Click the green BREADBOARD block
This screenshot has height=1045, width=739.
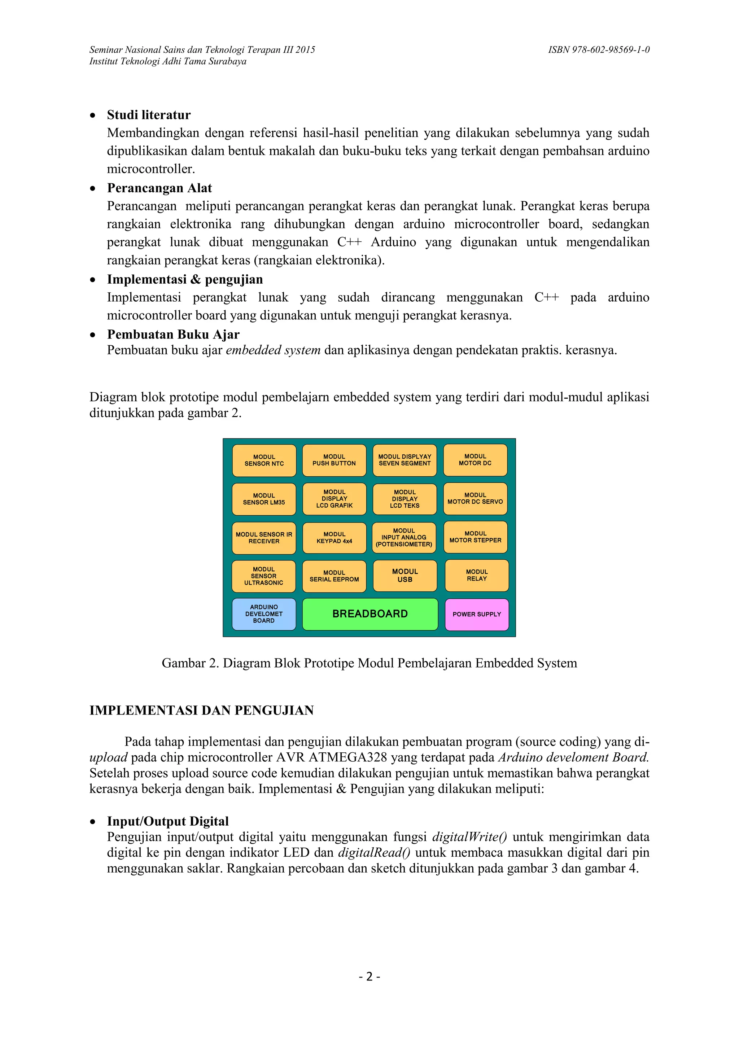[370, 614]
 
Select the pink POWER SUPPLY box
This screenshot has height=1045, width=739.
[476, 614]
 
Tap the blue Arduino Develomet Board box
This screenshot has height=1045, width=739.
[264, 614]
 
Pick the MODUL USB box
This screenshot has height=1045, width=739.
[405, 576]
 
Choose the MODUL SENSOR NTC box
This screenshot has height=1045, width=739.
[264, 460]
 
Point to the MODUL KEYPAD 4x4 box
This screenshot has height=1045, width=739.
[334, 538]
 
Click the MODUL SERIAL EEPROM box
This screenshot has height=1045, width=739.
[334, 576]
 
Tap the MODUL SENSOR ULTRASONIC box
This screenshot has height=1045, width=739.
[263, 576]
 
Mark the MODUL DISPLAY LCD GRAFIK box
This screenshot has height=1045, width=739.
[334, 499]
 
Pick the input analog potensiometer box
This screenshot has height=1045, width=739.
[404, 538]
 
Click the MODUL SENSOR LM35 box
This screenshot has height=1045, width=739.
[264, 499]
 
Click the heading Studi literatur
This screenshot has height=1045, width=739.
[149, 115]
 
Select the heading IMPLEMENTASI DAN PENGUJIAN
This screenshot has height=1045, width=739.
[202, 710]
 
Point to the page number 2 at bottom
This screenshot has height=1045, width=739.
[369, 977]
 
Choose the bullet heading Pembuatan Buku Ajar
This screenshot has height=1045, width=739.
[173, 335]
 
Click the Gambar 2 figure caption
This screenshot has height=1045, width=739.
[369, 663]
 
